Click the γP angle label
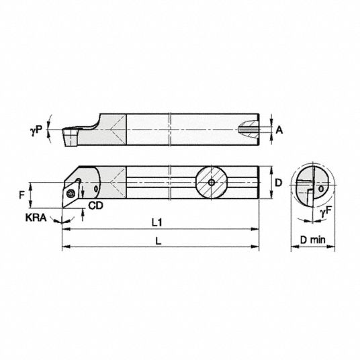click(x=36, y=130)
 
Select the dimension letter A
click(x=279, y=130)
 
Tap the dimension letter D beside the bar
click(x=279, y=183)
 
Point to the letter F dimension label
click(x=21, y=195)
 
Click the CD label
click(x=96, y=206)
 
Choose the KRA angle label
click(x=36, y=218)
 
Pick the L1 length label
click(x=157, y=222)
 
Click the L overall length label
click(x=159, y=241)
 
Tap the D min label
click(x=313, y=240)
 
